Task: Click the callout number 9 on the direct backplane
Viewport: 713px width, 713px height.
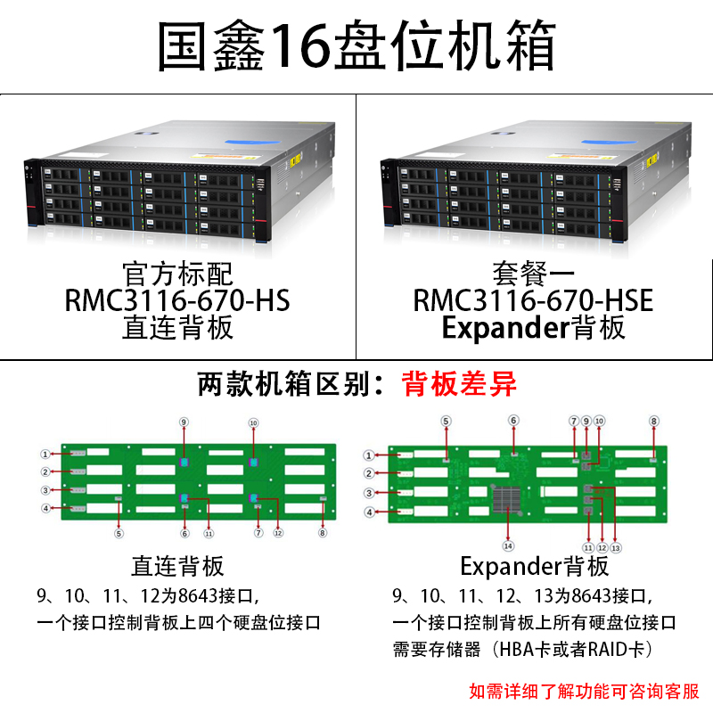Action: [184, 422]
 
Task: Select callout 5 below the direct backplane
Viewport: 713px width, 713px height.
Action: [119, 534]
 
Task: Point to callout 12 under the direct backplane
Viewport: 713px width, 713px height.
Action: [277, 534]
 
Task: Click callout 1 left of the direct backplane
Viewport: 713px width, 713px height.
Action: [44, 454]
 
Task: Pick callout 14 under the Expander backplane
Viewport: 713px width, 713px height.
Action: [509, 545]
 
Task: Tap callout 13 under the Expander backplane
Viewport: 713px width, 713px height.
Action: [615, 546]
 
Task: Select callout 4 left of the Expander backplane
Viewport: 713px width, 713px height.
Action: [368, 512]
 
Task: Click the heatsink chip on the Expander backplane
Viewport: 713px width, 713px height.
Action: [509, 498]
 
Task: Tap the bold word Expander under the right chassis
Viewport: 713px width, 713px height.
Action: [504, 328]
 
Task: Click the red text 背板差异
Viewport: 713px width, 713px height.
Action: [459, 384]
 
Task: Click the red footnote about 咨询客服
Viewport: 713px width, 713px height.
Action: [584, 691]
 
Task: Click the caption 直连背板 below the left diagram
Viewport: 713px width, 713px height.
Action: [177, 565]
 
